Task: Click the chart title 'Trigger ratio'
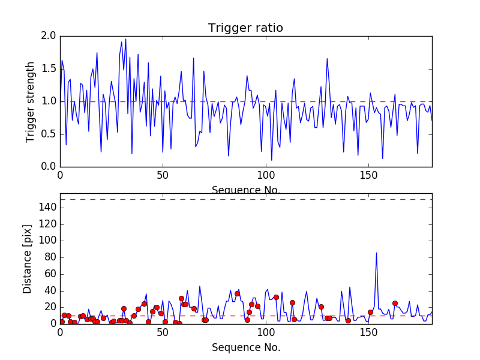pos(245,28)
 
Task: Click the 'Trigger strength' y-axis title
pos(31,101)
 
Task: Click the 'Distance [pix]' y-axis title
pos(28,259)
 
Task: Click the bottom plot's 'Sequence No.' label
pos(245,347)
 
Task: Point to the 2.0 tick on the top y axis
pos(49,36)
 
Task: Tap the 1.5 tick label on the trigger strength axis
pos(49,69)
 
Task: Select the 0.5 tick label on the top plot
pos(49,134)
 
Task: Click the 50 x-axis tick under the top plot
pos(163,175)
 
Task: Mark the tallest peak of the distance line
pos(376,253)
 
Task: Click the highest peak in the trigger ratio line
pos(125,40)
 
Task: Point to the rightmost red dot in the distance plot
pos(395,303)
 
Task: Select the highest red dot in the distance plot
pos(237,293)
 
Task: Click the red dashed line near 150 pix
pos(245,199)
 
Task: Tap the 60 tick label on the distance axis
pos(49,274)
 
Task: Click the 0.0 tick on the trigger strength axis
pos(49,167)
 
